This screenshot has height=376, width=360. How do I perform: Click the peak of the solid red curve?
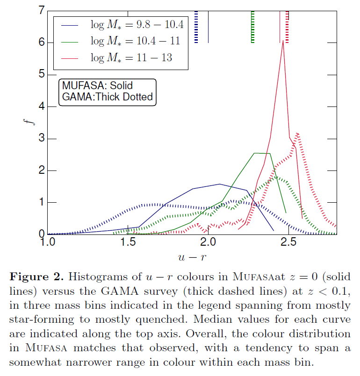(x=283, y=42)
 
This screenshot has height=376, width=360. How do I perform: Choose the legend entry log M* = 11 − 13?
(x=131, y=57)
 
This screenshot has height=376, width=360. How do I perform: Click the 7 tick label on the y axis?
(x=42, y=10)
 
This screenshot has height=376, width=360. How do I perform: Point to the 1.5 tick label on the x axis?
(x=128, y=243)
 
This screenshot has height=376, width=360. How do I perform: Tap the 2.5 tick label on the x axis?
(x=289, y=243)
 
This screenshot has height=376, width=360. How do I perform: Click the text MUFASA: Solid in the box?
(x=97, y=86)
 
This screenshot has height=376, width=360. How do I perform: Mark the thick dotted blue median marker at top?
(x=196, y=27)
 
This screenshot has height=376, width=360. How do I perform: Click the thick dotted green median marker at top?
(x=253, y=27)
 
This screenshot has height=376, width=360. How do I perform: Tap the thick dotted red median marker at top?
(x=287, y=27)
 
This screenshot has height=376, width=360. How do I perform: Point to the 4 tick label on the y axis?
(x=42, y=106)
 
